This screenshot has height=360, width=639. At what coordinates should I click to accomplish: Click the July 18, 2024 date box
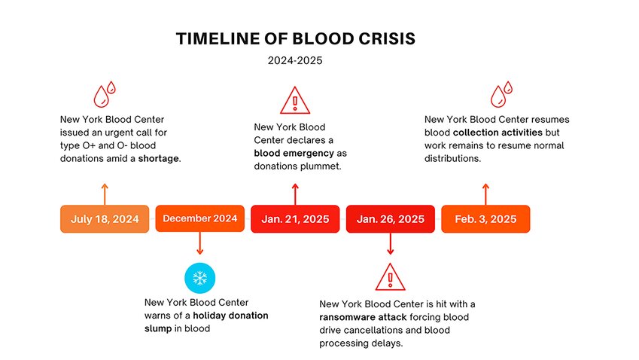pos(105,219)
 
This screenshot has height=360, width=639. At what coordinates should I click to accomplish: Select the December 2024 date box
pos(200,218)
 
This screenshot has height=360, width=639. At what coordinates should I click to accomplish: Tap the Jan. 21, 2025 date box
pos(295,219)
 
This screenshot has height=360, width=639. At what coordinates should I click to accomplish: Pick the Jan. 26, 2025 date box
pos(391,219)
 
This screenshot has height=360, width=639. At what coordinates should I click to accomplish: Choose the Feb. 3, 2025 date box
pos(485,219)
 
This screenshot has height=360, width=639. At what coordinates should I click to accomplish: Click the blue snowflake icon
pos(199,278)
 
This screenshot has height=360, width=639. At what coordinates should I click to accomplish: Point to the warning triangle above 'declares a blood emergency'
pos(295,100)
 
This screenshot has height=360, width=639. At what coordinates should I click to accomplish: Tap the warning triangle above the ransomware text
pos(391,277)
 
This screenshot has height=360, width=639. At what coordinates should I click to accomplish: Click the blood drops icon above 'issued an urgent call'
pos(105,94)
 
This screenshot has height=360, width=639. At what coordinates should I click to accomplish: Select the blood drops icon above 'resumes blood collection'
pos(501,94)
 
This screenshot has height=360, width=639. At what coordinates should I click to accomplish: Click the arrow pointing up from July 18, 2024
pos(105,194)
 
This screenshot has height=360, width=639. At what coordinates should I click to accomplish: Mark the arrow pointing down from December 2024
pos(199,243)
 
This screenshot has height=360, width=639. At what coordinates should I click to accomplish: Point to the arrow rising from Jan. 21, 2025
pos(295,194)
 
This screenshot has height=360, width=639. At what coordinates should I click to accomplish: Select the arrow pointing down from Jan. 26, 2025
pos(391,243)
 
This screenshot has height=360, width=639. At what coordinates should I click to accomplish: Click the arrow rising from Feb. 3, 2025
pos(485,194)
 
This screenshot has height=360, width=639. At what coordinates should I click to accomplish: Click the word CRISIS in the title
pos(387,39)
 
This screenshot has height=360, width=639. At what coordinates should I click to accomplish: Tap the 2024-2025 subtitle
pos(295,61)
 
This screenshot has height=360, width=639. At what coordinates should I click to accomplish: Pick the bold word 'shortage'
pos(159,159)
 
